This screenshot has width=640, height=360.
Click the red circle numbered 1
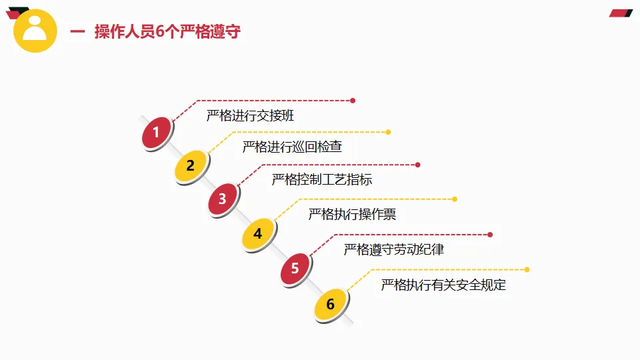pyautogui.click(x=157, y=133)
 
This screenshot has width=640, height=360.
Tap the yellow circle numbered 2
pyautogui.click(x=191, y=166)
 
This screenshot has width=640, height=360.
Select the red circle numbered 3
pyautogui.click(x=223, y=199)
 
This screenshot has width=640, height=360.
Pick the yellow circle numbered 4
pyautogui.click(x=258, y=233)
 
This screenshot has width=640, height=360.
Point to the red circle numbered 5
pyautogui.click(x=295, y=269)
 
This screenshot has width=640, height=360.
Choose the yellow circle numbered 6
pyautogui.click(x=330, y=305)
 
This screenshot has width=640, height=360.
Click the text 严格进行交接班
pyautogui.click(x=250, y=116)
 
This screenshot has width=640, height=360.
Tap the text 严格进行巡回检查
pyautogui.click(x=292, y=147)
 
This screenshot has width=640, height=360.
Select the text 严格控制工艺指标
pyautogui.click(x=322, y=179)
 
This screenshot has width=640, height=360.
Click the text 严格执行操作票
pyautogui.click(x=352, y=215)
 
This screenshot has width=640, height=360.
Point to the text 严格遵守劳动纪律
pyautogui.click(x=394, y=250)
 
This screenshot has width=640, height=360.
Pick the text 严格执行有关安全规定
pyautogui.click(x=443, y=285)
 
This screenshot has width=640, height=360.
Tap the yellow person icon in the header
pyautogui.click(x=35, y=31)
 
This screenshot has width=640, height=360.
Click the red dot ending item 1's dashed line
pyautogui.click(x=353, y=101)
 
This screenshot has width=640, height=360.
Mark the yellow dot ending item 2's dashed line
pyautogui.click(x=389, y=132)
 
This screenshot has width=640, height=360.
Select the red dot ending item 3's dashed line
pyautogui.click(x=418, y=165)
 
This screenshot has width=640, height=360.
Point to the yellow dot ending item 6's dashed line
pyautogui.click(x=527, y=270)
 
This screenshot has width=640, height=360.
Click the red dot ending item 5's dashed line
pyautogui.click(x=490, y=235)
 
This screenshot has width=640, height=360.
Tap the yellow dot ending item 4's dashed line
pyautogui.click(x=455, y=199)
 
